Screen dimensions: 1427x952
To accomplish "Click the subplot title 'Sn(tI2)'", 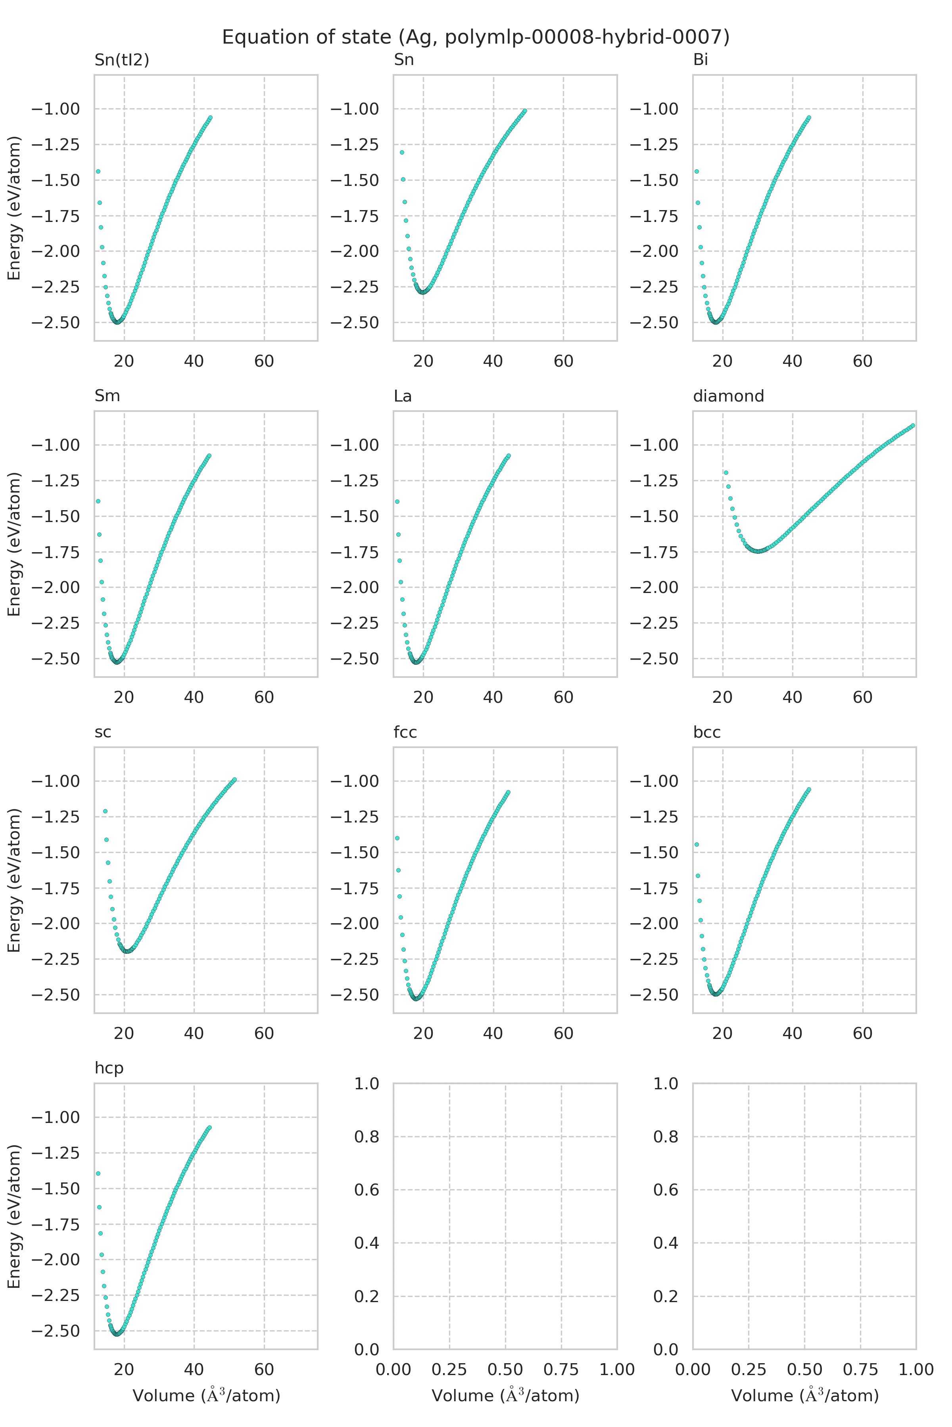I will (x=121, y=59).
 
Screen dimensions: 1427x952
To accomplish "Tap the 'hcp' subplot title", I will (x=109, y=1068).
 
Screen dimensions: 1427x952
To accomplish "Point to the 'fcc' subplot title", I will (x=405, y=732).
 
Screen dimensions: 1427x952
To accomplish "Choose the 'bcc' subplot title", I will (x=706, y=732).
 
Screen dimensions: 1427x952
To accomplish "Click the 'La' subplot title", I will (x=403, y=396).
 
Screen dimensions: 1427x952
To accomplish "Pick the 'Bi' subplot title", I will (x=700, y=59).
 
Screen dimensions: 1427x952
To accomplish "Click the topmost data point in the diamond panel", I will (x=913, y=426).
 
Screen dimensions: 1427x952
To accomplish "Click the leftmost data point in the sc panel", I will (x=105, y=811).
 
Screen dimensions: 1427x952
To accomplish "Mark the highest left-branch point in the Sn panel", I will (x=402, y=152).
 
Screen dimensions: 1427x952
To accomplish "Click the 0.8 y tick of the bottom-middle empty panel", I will (x=367, y=1136).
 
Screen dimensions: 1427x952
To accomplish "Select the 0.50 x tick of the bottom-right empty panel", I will (x=804, y=1370).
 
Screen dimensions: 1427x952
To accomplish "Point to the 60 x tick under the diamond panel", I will (x=862, y=697).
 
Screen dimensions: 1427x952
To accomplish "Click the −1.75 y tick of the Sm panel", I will (x=55, y=552).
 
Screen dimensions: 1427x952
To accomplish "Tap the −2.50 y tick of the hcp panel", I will (x=55, y=1331).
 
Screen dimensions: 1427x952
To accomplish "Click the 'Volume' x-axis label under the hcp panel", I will (x=206, y=1396).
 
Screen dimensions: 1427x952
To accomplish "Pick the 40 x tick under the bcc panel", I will (x=792, y=1033).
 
